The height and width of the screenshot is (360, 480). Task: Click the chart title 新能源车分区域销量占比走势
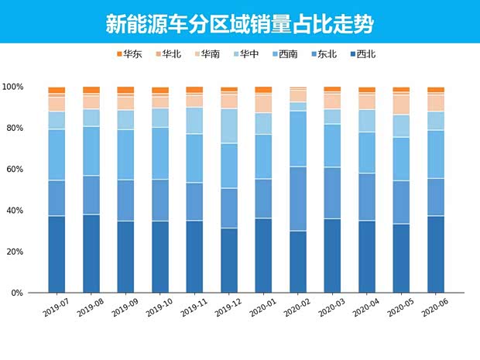(240, 23)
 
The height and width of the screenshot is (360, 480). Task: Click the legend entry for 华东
(129, 54)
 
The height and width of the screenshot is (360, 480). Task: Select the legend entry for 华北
(166, 54)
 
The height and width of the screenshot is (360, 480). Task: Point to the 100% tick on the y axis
(13, 87)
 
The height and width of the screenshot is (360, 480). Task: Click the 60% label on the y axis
(15, 170)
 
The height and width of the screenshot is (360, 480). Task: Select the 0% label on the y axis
(18, 293)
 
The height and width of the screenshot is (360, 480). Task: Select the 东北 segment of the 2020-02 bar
(298, 198)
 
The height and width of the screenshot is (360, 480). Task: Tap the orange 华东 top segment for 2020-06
(436, 90)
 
